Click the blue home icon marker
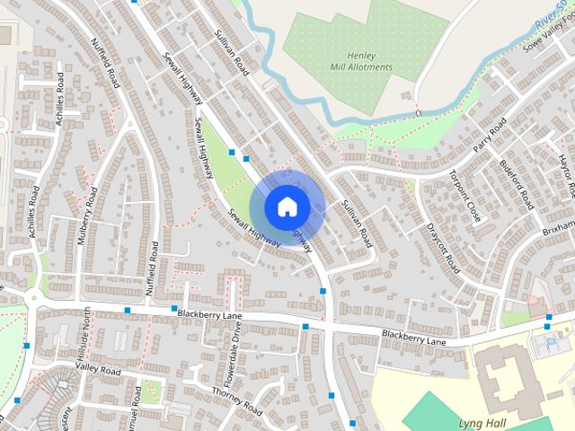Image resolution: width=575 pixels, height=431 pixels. (x=287, y=207)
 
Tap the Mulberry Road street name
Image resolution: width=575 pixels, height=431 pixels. (x=85, y=233)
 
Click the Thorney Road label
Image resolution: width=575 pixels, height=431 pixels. (x=236, y=401)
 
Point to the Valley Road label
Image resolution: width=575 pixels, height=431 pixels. (x=98, y=369)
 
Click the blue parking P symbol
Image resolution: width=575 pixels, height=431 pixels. (x=550, y=344)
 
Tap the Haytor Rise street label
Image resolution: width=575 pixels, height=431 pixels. (x=566, y=175)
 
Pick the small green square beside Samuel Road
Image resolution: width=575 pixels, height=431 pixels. (x=152, y=391)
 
